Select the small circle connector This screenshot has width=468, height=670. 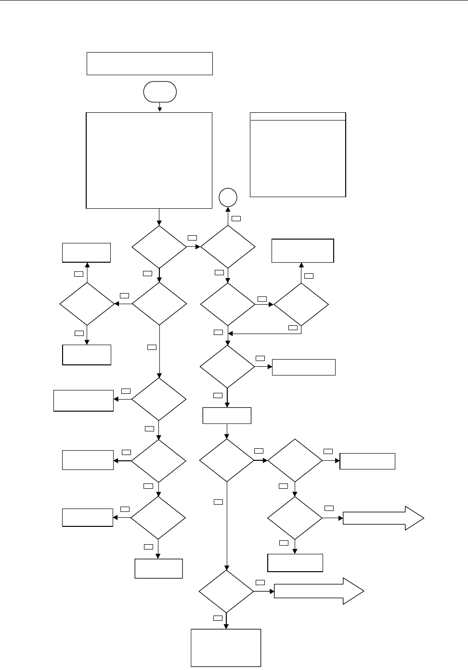click(228, 197)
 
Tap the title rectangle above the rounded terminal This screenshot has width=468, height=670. click(149, 64)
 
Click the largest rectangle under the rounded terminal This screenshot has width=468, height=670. click(149, 161)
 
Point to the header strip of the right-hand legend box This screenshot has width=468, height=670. click(298, 116)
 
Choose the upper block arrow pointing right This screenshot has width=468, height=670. click(383, 518)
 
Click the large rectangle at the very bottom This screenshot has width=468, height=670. click(226, 648)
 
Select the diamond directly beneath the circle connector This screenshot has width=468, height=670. click(228, 246)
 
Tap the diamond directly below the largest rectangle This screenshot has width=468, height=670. click(159, 246)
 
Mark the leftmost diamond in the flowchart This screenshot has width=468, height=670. click(87, 304)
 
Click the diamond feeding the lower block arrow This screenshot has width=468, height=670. click(226, 591)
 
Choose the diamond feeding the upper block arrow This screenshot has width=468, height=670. click(295, 518)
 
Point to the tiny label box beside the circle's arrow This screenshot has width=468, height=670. click(236, 218)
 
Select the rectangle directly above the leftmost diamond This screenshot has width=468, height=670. click(87, 253)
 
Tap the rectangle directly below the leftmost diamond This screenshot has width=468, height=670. click(87, 355)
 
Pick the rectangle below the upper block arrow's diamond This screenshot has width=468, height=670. click(295, 563)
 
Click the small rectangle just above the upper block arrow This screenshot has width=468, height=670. click(367, 461)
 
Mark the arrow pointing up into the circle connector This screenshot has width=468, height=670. click(228, 215)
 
